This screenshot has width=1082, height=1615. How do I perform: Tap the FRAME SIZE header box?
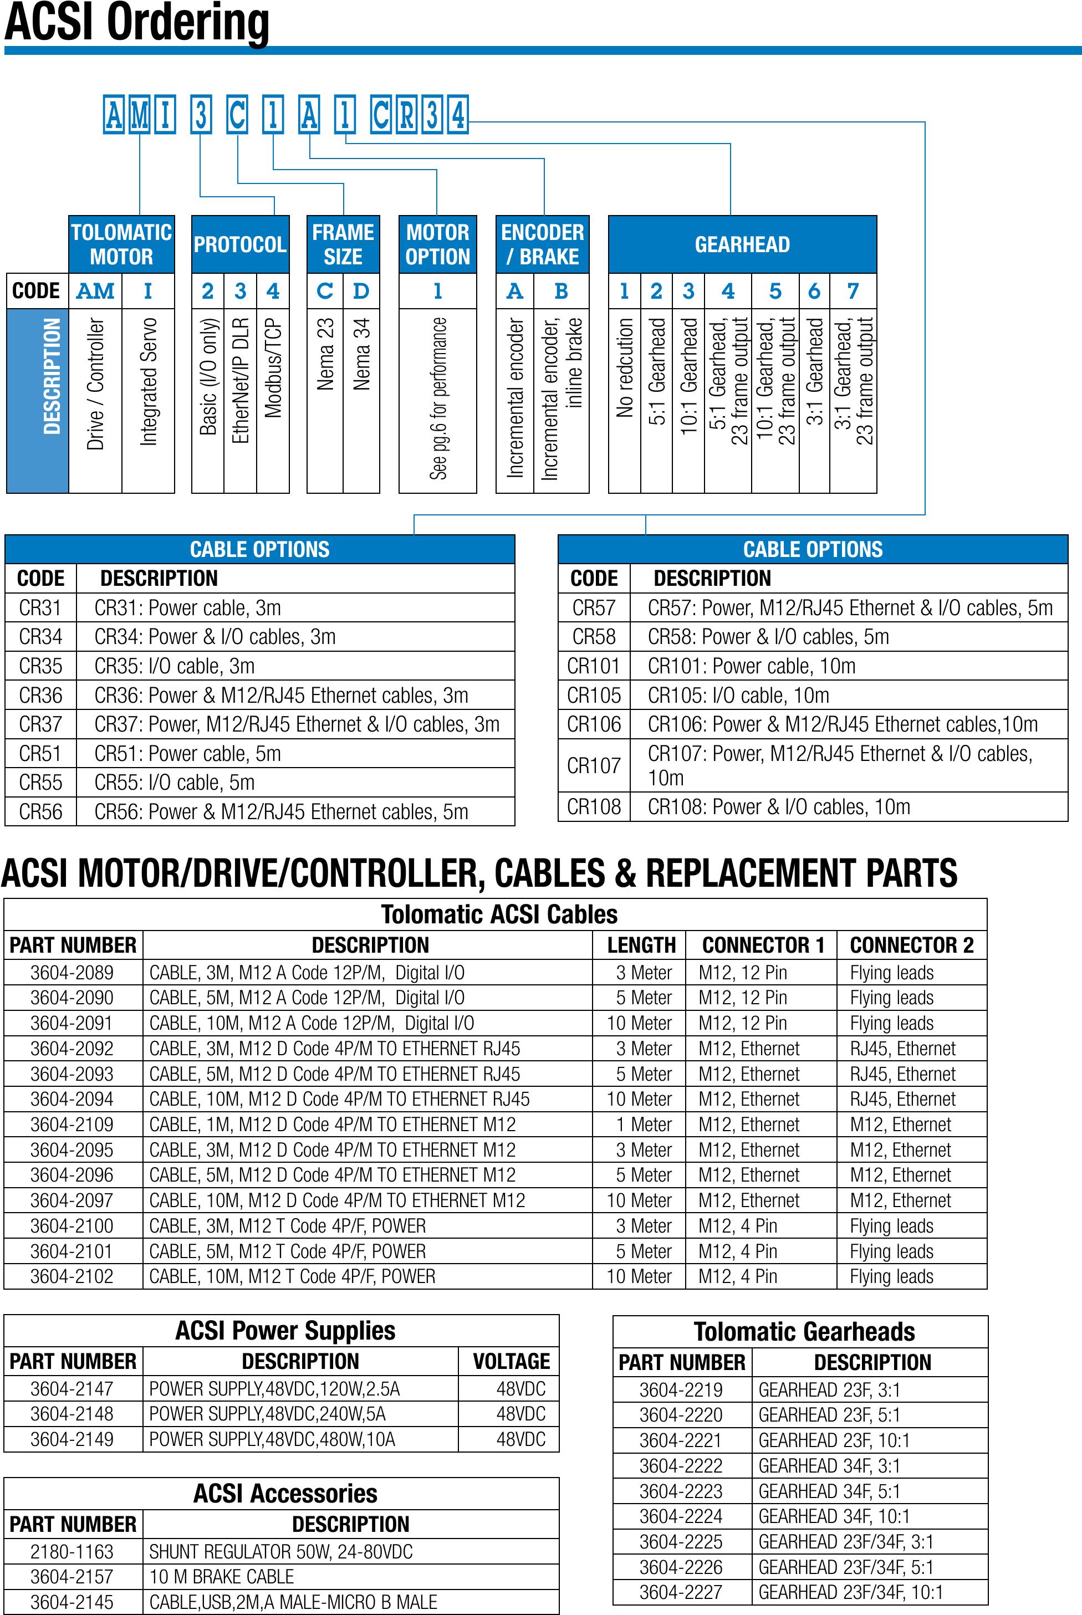point(343,244)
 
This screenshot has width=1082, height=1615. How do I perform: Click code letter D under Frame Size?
point(361,291)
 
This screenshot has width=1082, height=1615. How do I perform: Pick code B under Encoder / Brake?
point(561,291)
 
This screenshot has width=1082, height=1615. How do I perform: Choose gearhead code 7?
point(853,291)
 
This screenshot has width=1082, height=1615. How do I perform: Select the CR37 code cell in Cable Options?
point(40,724)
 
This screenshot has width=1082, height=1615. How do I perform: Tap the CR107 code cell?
point(594,766)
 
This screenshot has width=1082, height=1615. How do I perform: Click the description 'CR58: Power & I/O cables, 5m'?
point(768,637)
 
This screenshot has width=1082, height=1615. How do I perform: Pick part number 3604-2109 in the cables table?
point(72,1125)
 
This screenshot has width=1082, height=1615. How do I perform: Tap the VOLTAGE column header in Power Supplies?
point(511,1361)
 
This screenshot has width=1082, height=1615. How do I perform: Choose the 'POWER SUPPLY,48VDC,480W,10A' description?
point(272,1439)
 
